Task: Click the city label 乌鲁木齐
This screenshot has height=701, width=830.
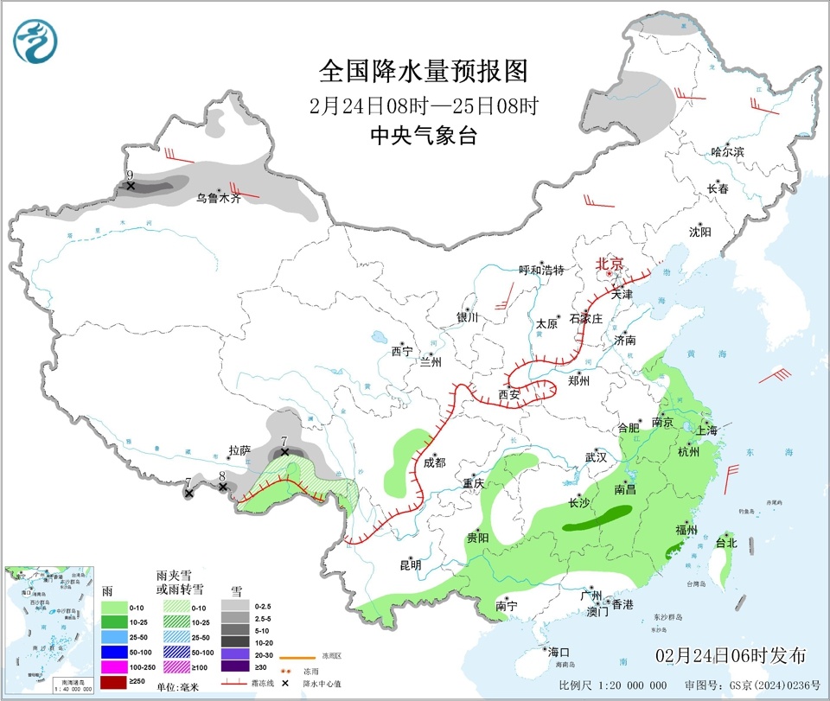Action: coord(217,198)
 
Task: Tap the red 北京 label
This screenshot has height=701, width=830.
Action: coord(610,264)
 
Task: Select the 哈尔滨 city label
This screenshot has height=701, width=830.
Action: coord(727,151)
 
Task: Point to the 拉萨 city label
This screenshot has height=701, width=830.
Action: coord(239,450)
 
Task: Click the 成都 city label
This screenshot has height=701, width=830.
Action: coord(434,462)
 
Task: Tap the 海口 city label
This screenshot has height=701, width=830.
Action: coord(558,651)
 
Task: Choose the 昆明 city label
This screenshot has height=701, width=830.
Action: coord(410,564)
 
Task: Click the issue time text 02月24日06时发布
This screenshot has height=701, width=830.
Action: coord(731,654)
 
